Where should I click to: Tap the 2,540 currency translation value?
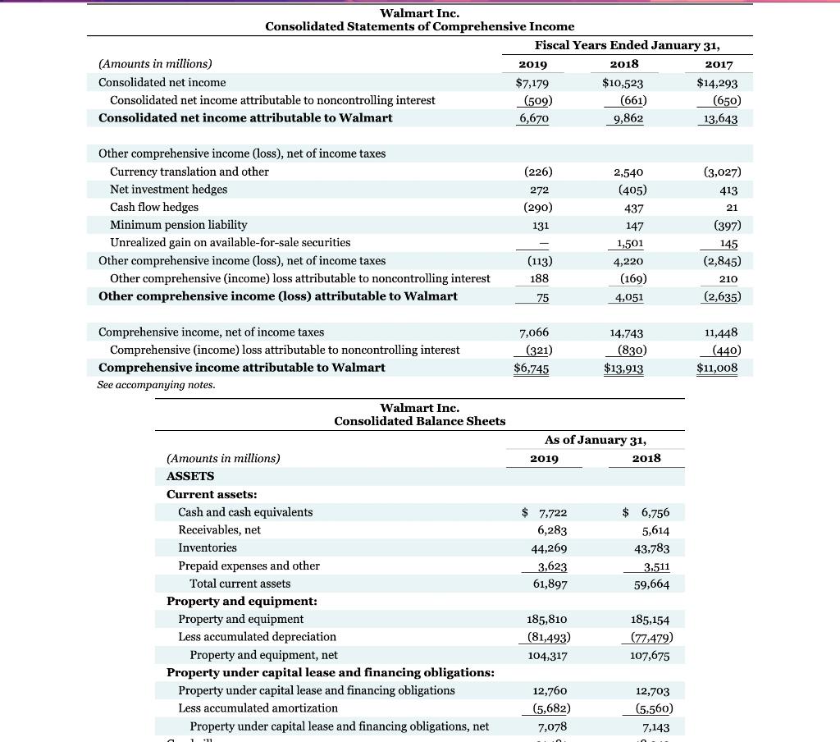click(x=628, y=172)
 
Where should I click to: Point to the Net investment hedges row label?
click(x=168, y=190)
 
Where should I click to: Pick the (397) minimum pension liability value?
click(x=722, y=225)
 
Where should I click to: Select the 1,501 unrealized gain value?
click(x=629, y=243)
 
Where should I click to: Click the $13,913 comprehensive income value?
click(x=623, y=369)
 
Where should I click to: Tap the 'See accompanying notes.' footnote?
click(x=156, y=385)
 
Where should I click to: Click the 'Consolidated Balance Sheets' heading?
click(x=419, y=421)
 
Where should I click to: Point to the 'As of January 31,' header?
click(x=595, y=440)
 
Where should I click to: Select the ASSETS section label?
click(x=189, y=476)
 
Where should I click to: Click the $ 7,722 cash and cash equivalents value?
click(x=545, y=513)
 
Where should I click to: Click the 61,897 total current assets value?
click(x=550, y=584)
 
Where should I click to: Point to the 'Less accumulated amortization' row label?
click(x=258, y=708)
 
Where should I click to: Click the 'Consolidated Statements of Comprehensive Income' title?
click(x=419, y=27)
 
